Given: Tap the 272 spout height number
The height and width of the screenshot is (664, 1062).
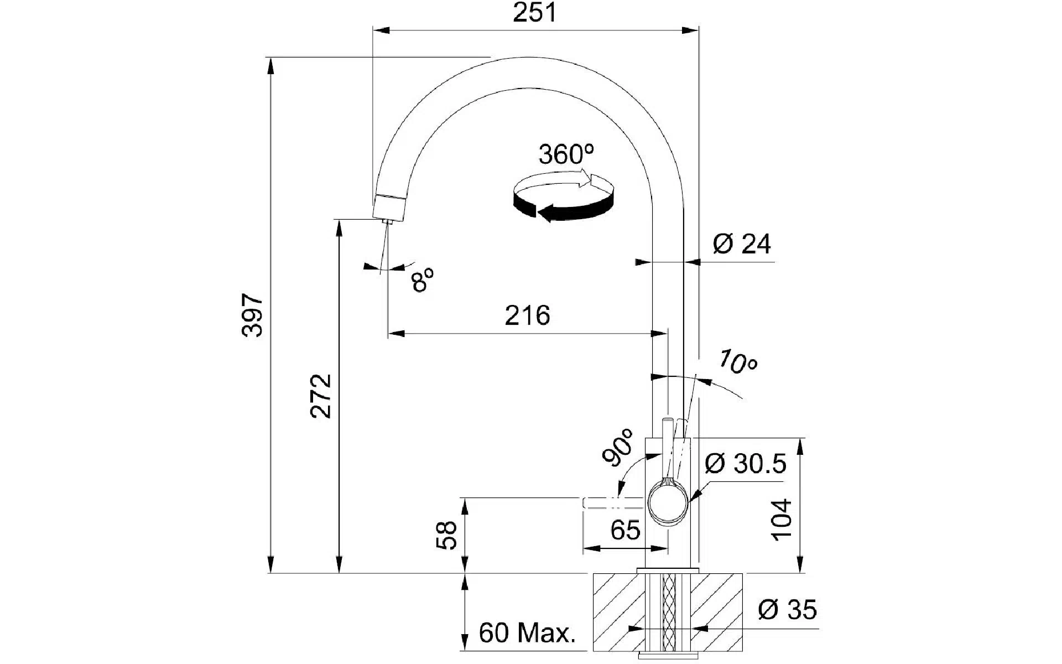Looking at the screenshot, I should (x=321, y=396).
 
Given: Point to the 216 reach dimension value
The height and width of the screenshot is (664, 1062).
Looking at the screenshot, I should (x=527, y=316).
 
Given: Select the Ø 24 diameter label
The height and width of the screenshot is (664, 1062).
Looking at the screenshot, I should (x=741, y=243).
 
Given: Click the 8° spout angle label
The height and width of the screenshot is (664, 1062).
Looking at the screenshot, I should (x=422, y=279).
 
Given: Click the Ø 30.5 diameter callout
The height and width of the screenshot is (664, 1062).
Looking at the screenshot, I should (x=745, y=464).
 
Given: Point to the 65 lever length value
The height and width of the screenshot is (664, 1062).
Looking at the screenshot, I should (x=625, y=531).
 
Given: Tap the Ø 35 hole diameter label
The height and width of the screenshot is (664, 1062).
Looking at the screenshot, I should (x=787, y=610).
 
